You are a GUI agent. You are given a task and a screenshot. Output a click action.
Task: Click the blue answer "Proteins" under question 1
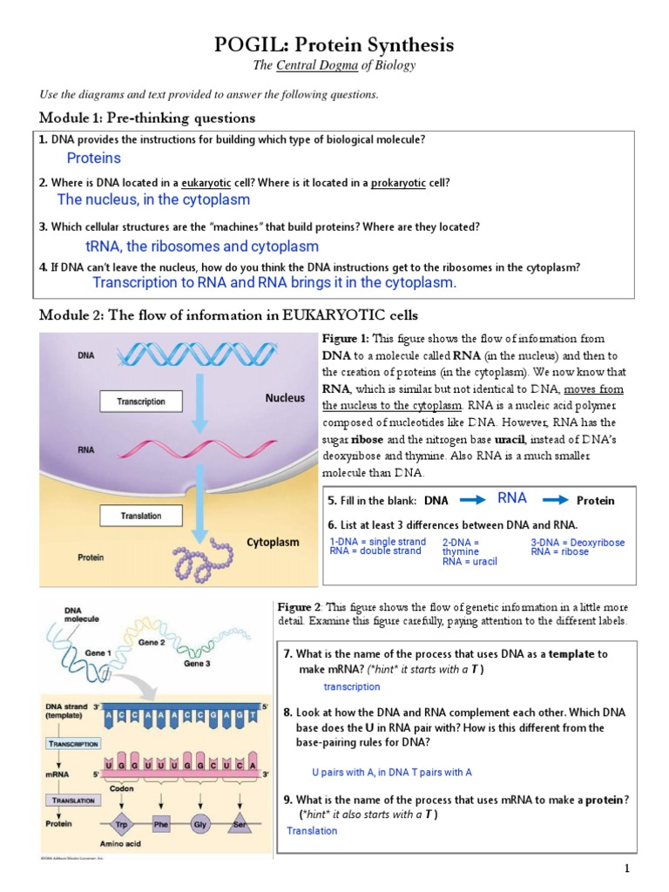pyautogui.click(x=93, y=159)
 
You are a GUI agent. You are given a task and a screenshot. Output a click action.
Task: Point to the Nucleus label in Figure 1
pyautogui.click(x=285, y=398)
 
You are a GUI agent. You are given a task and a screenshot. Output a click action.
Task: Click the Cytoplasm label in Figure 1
pyautogui.click(x=273, y=542)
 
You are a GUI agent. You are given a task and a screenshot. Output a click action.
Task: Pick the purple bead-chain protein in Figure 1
pyautogui.click(x=202, y=561)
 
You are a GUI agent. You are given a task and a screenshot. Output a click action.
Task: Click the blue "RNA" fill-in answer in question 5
pyautogui.click(x=512, y=498)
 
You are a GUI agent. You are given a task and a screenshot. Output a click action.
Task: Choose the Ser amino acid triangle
pyautogui.click(x=240, y=824)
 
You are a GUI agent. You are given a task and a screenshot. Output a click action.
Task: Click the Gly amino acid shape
pyautogui.click(x=201, y=824)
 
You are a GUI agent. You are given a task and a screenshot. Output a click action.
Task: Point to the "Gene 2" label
pyautogui.click(x=152, y=643)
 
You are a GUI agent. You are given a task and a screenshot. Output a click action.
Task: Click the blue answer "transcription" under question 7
pyautogui.click(x=351, y=687)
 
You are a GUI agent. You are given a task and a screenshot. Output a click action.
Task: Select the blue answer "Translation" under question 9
pyautogui.click(x=312, y=831)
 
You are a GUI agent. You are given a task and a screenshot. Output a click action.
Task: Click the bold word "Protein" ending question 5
pyautogui.click(x=596, y=501)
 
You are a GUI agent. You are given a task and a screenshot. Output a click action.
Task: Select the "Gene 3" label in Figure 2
pyautogui.click(x=196, y=664)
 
